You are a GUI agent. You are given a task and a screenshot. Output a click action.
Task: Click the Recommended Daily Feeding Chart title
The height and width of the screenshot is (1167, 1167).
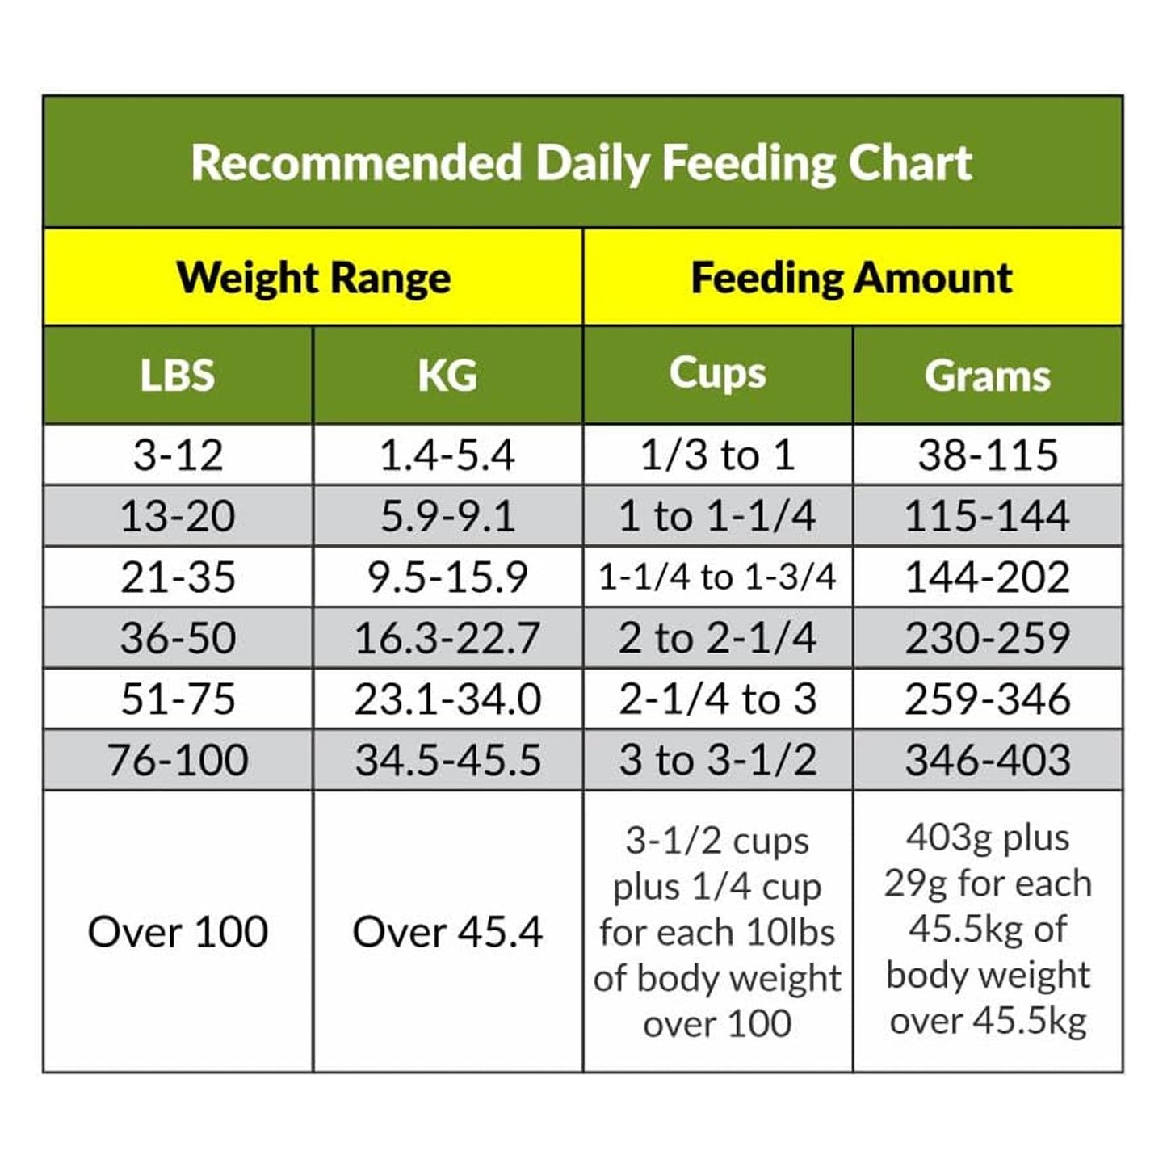[581, 162]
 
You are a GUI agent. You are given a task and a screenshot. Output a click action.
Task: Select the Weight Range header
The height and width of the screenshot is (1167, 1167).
[313, 278]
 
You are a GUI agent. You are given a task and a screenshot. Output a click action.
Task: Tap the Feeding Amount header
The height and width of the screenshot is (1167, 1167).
[851, 278]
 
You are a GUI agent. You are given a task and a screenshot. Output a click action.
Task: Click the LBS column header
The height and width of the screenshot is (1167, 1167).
[178, 376]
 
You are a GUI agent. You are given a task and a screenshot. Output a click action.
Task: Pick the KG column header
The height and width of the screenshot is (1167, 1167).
[447, 376]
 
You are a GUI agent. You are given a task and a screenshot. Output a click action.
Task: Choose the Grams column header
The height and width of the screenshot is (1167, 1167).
[987, 376]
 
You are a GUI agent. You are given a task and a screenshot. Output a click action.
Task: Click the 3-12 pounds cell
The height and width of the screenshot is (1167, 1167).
[178, 455]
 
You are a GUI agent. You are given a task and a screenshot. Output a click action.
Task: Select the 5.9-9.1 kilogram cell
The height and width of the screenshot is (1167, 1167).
[447, 516]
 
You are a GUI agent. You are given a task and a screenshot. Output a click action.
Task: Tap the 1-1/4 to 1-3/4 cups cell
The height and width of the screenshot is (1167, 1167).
[717, 577]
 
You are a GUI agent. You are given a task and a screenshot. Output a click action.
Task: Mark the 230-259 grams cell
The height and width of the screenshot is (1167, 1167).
[987, 638]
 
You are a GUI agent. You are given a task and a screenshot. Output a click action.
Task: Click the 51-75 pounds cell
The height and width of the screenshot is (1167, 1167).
[178, 699]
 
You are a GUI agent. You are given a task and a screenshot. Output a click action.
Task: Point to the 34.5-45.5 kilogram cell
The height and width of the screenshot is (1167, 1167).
[447, 760]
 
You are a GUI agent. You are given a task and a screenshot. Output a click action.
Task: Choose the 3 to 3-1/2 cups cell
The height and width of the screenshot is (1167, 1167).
[717, 760]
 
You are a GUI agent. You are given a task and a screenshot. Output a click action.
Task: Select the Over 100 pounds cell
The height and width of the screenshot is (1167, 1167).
[178, 932]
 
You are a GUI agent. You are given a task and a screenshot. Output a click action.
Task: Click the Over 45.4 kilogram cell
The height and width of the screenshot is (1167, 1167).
[447, 932]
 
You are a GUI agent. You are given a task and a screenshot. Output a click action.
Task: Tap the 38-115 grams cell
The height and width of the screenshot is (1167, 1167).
[987, 455]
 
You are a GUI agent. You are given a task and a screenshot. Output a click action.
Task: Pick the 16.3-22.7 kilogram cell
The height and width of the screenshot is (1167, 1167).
[447, 638]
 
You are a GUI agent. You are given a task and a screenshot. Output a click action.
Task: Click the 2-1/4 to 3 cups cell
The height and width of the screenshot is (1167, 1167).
[717, 699]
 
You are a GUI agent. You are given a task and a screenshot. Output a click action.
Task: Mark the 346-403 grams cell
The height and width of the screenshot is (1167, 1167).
[987, 760]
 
